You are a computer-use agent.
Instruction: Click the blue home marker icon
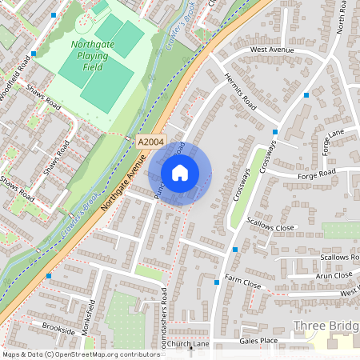[180, 172]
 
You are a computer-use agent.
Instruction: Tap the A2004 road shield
[150, 141]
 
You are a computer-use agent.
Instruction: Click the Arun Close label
[333, 275]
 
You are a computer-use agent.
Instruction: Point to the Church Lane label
[188, 345]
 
